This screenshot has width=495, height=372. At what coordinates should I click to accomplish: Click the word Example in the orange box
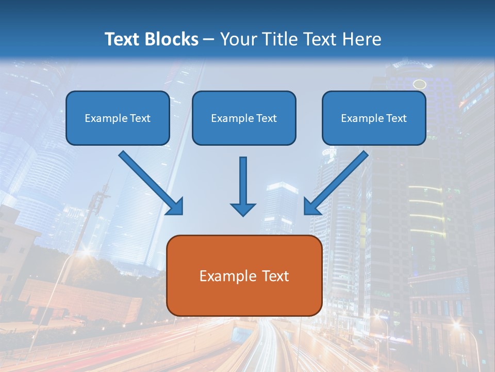227,276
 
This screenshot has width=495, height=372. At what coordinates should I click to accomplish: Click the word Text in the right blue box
396,118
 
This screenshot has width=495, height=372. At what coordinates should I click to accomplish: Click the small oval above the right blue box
420,84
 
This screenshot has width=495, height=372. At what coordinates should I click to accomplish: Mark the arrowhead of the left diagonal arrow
175,207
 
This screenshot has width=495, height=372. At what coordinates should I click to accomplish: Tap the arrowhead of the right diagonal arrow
311,207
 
